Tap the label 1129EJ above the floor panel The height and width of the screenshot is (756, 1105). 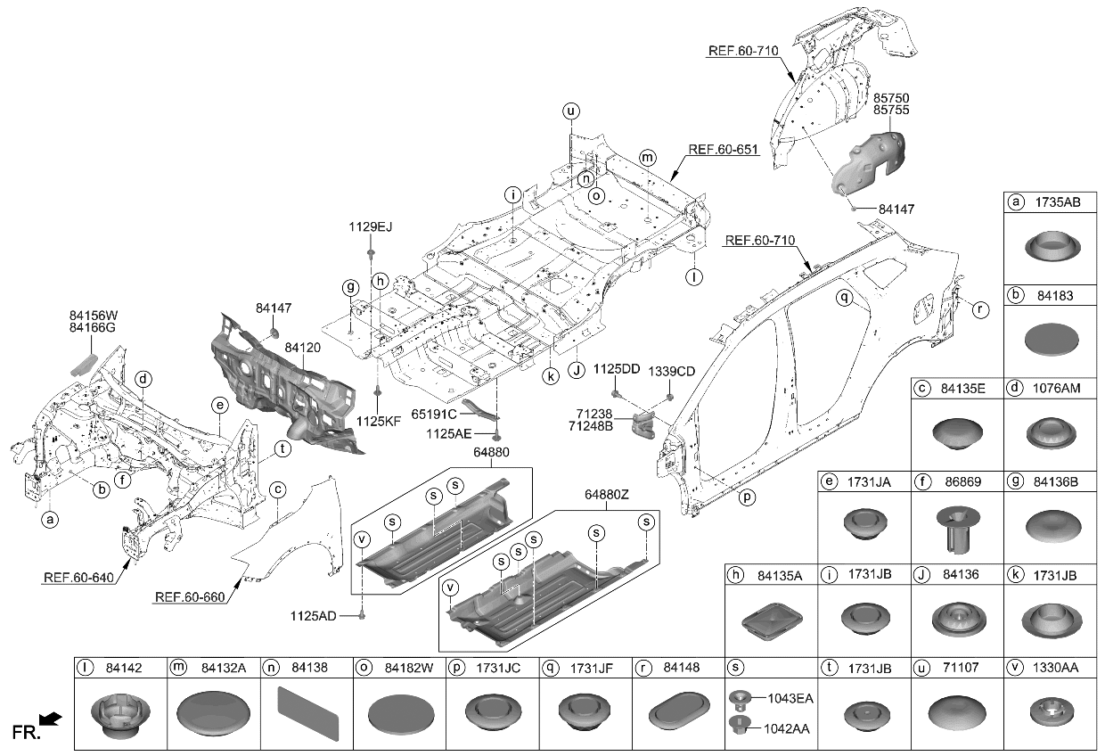[371, 228]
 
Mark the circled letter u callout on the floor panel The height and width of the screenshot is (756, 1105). [570, 111]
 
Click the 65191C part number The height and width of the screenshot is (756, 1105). [434, 415]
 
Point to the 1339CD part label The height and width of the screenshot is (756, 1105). [671, 370]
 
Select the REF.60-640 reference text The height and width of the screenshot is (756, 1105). [78, 579]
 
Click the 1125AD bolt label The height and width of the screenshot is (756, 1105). [313, 615]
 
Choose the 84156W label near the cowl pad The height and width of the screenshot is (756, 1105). [94, 315]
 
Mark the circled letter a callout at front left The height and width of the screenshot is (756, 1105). [50, 518]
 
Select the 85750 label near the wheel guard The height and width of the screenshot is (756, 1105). [890, 96]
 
